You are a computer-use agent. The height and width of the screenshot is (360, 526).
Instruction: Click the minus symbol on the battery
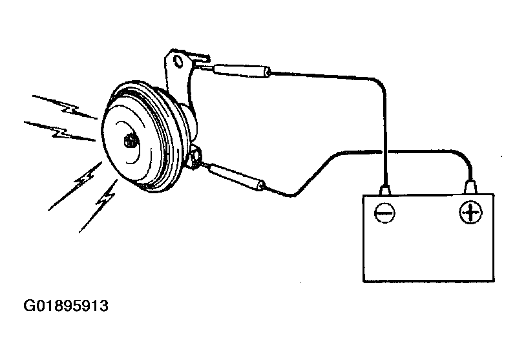coord(384,213)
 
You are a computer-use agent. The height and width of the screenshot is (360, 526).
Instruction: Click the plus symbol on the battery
coord(470,213)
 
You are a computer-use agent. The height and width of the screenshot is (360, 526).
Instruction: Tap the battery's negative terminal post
coord(385,190)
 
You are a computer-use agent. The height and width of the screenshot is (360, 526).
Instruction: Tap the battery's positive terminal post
coord(470,187)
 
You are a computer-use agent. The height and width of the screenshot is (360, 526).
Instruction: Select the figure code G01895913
coord(66,306)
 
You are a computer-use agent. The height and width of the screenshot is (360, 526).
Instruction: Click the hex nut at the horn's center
coord(131,142)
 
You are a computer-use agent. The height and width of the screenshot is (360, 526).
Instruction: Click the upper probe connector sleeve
coord(242,71)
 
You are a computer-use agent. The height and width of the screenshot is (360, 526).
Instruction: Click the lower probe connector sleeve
coord(237,178)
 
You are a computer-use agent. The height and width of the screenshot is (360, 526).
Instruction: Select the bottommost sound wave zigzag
coord(99,206)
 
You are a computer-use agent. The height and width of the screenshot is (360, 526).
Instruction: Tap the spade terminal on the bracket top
coord(200,60)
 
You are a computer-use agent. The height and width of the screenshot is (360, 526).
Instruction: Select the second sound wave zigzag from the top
coord(60,131)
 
